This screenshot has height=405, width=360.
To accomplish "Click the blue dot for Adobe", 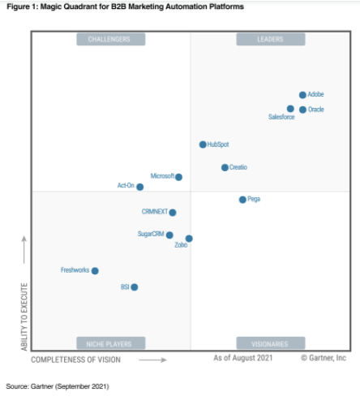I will pyautogui.click(x=302, y=95).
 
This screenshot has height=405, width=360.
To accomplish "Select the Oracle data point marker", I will pyautogui.click(x=302, y=110).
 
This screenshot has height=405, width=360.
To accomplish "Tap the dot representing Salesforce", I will pyautogui.click(x=290, y=109).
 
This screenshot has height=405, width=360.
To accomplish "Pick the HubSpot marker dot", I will pyautogui.click(x=203, y=144).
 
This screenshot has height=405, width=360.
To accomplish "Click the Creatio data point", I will pyautogui.click(x=225, y=167).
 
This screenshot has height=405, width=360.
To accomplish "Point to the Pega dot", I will pyautogui.click(x=242, y=199).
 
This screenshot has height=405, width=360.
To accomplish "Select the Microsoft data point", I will pyautogui.click(x=178, y=177).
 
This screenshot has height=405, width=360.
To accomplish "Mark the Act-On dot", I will pyautogui.click(x=139, y=187).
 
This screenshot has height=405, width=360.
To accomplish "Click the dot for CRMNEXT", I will pyautogui.click(x=172, y=213).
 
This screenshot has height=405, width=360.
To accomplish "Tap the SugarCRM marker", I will pyautogui.click(x=169, y=235).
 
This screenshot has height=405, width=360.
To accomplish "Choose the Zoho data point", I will pyautogui.click(x=189, y=239).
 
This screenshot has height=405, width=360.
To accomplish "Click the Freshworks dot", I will pyautogui.click(x=95, y=270).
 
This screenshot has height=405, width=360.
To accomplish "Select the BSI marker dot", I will pyautogui.click(x=135, y=287).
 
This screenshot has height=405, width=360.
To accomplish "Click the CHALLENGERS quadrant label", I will pyautogui.click(x=111, y=39).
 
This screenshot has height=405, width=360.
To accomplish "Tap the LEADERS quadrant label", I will pyautogui.click(x=270, y=39).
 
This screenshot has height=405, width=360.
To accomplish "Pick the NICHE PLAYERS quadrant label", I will pyautogui.click(x=111, y=343).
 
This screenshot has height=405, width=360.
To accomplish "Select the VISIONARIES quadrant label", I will pyautogui.click(x=270, y=343).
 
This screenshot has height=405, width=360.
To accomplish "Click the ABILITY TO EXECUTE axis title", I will pyautogui.click(x=24, y=317).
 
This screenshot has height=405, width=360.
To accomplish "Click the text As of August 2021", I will pyautogui.click(x=243, y=357).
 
